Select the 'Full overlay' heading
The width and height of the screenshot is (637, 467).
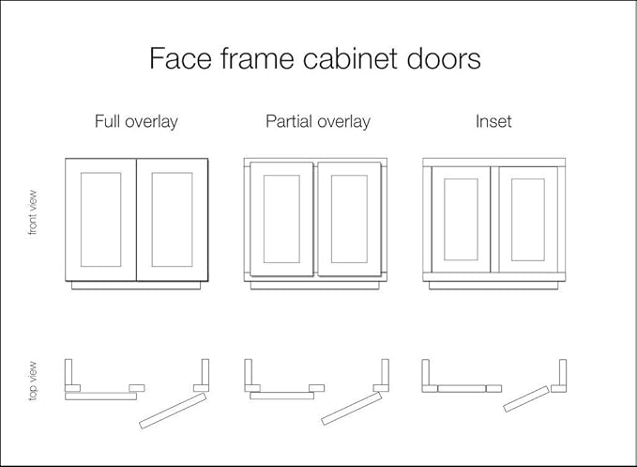point(136,121)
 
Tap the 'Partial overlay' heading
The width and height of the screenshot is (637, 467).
point(318,121)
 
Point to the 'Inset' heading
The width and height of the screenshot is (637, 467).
point(493,121)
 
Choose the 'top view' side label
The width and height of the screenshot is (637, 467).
point(33,381)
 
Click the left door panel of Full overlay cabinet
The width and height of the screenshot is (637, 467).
point(101,219)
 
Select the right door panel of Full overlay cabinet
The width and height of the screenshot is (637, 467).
point(172,219)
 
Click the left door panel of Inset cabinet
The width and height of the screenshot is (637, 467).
point(461,219)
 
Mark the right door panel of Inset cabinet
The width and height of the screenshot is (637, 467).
point(527,219)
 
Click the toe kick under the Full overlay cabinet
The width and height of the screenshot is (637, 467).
point(136,285)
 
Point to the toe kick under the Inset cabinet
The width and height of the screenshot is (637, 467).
point(494,285)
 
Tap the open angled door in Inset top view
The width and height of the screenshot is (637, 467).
point(526,398)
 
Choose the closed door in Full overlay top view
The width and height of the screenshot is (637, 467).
point(101,397)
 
